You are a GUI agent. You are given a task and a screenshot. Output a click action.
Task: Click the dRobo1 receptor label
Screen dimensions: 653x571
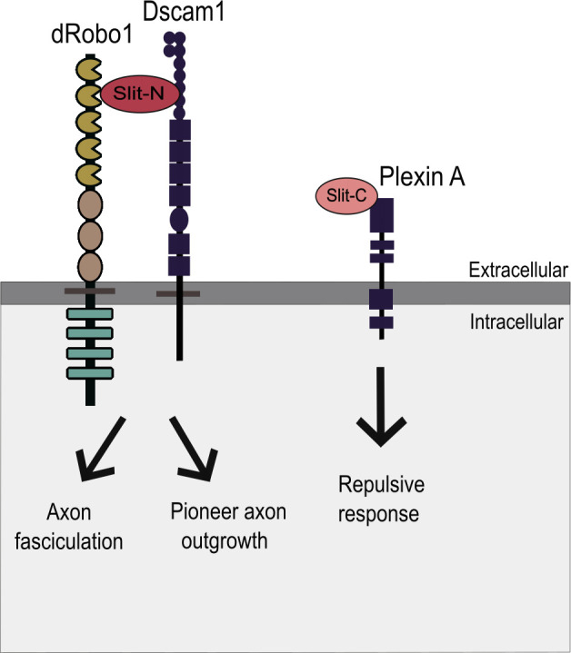[91, 42]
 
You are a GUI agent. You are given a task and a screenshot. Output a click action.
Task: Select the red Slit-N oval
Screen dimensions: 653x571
[138, 94]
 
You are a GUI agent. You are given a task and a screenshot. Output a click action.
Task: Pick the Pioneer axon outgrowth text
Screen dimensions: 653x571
[228, 524]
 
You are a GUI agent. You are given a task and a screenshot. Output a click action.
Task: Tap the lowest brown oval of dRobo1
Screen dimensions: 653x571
[90, 266]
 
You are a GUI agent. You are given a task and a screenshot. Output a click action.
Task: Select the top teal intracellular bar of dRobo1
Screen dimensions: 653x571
[90, 314]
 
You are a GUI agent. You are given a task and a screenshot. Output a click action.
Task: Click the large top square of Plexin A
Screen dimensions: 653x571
[381, 216]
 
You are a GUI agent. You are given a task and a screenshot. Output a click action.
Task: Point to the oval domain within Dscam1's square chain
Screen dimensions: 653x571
[179, 219]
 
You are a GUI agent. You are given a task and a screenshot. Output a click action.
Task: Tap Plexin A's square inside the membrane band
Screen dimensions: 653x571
[381, 298]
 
